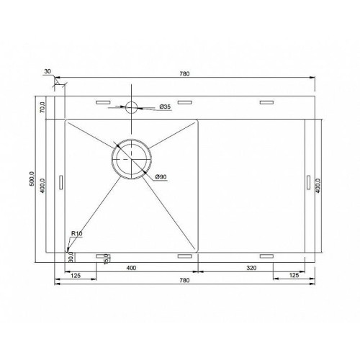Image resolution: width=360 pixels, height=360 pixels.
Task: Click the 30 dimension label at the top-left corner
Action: (x=48, y=71)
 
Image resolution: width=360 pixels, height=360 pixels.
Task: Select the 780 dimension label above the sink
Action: (x=184, y=73)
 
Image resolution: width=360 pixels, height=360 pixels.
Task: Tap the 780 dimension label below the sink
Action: (x=184, y=280)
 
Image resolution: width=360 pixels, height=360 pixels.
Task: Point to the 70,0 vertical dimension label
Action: (x=42, y=107)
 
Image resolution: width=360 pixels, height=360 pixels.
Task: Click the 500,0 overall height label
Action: (x=32, y=179)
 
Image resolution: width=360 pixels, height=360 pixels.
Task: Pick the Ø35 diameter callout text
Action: (x=165, y=107)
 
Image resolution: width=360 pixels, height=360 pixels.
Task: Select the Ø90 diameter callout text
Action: (x=161, y=177)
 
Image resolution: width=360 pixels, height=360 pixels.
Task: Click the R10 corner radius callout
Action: (x=77, y=233)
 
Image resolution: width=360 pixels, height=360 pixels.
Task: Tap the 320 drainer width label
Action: (x=251, y=268)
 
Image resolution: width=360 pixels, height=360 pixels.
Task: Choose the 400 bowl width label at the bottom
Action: (x=131, y=268)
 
